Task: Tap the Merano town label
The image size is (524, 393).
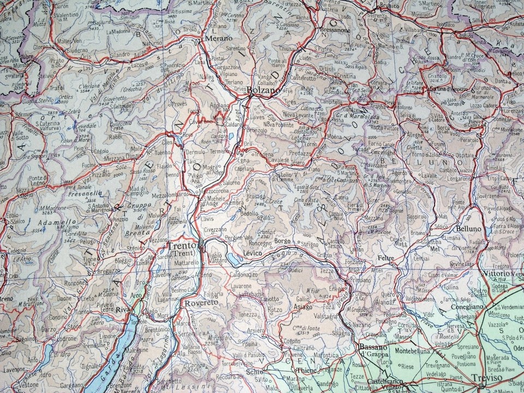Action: (x=218, y=38)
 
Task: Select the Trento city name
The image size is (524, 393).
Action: (x=181, y=246)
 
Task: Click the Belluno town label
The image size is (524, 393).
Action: (x=469, y=229)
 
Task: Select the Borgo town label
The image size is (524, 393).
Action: (x=283, y=241)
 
